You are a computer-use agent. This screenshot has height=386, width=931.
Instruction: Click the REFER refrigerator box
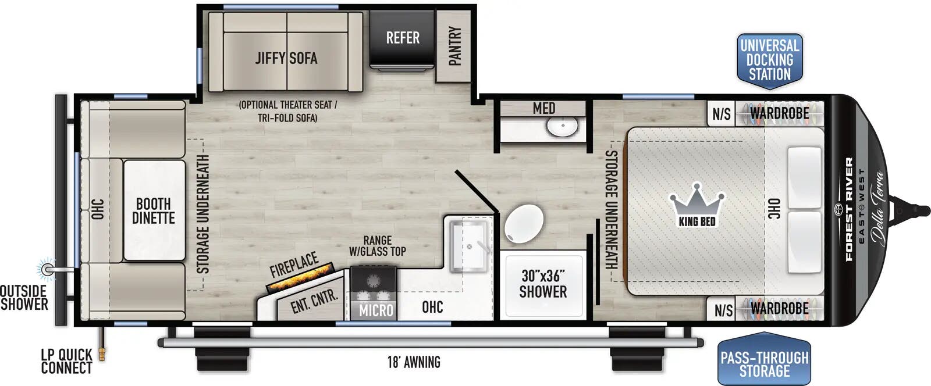pyautogui.click(x=402, y=39)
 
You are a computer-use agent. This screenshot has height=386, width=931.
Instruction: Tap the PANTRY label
pyautogui.click(x=455, y=46)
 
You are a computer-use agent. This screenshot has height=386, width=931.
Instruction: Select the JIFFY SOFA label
pyautogui.click(x=286, y=58)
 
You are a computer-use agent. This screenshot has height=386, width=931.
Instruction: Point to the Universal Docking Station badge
pyautogui.click(x=769, y=60)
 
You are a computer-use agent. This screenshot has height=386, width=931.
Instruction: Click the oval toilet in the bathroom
pyautogui.click(x=524, y=224)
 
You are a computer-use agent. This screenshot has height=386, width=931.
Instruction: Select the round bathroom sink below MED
pyautogui.click(x=562, y=126)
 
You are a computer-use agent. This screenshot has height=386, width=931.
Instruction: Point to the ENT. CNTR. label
pyautogui.click(x=314, y=301)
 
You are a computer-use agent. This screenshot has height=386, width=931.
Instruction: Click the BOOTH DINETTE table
pyautogui.click(x=154, y=211)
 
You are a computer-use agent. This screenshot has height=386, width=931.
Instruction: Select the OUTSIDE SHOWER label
pyautogui.click(x=24, y=297)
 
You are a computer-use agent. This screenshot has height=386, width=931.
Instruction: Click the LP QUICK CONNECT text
pyautogui.click(x=66, y=361)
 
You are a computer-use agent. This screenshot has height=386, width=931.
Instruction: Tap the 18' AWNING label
pyautogui.click(x=414, y=362)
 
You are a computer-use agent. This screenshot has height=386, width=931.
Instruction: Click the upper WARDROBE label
pyautogui.click(x=779, y=113)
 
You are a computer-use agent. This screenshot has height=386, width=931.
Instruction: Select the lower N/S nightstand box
pyautogui.click(x=723, y=310)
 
